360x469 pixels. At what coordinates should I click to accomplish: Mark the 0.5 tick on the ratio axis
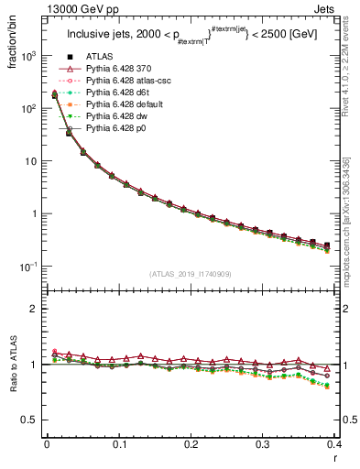pyautogui.click(x=30, y=420)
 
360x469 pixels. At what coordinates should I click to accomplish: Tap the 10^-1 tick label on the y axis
pyautogui.click(x=27, y=267)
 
